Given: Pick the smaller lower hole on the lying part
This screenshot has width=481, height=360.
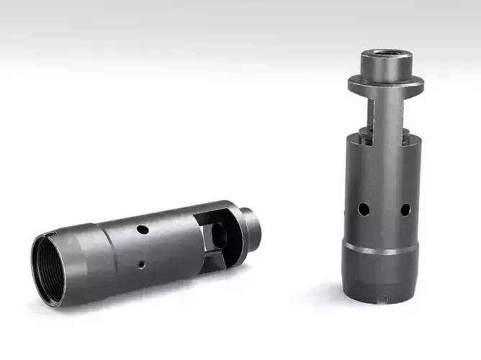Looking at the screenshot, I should [143, 264].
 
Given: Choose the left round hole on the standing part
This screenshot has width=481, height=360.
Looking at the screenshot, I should [364, 209].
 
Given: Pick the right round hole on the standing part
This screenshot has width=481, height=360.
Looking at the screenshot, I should [405, 210].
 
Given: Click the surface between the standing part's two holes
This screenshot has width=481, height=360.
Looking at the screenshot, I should [385, 210].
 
